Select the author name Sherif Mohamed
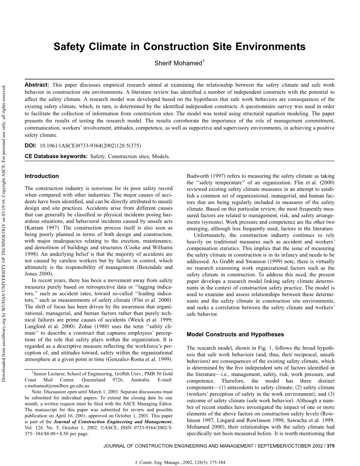[178, 64]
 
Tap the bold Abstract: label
[37, 85]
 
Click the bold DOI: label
[30, 145]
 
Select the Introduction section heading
[42, 176]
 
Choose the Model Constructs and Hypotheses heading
[235, 334]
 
